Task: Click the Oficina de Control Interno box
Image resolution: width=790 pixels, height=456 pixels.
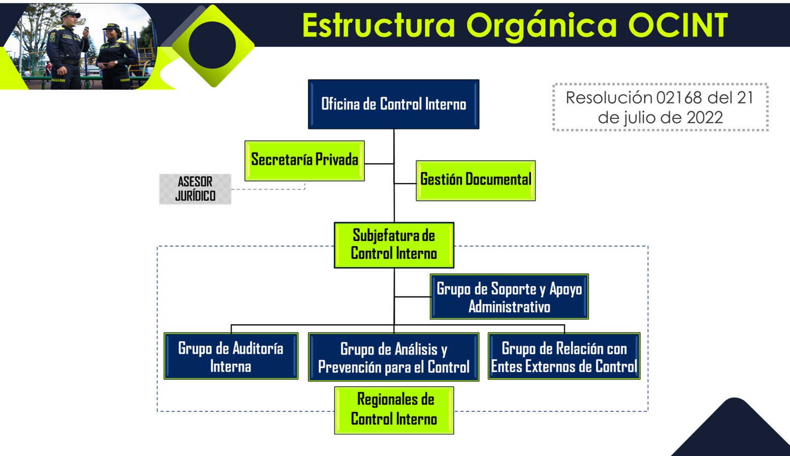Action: click(393, 104)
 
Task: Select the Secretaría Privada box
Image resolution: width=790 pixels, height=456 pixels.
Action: click(304, 161)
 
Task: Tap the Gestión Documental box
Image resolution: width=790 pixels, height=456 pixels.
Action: click(476, 180)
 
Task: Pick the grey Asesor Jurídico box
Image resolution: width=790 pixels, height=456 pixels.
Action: click(195, 189)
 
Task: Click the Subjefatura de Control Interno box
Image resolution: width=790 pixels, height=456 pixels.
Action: click(394, 245)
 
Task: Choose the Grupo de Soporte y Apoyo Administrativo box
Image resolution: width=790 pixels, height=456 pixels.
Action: click(509, 297)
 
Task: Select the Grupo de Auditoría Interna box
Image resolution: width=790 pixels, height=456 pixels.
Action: click(231, 356)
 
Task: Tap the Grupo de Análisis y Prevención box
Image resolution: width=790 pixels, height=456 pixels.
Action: click(393, 357)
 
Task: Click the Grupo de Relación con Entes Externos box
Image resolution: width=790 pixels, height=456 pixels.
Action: click(564, 356)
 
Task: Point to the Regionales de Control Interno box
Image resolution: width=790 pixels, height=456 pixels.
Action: click(394, 410)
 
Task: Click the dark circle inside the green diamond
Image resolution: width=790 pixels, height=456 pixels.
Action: click(212, 46)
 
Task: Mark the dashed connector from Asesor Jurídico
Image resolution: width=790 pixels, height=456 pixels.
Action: click(268, 189)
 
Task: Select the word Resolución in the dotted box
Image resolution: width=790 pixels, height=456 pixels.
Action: click(609, 98)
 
